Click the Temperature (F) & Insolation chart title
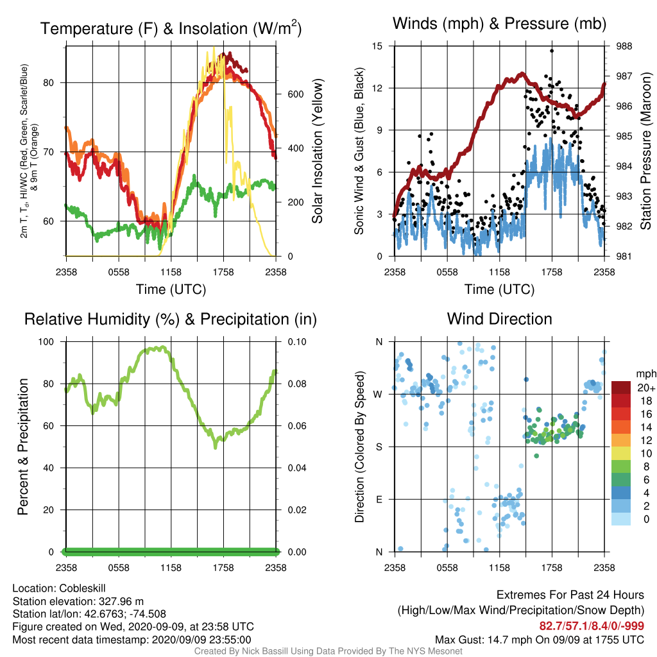click(x=171, y=28)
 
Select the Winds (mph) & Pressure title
click(x=499, y=24)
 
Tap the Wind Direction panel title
click(x=499, y=319)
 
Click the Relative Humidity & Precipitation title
click(x=171, y=320)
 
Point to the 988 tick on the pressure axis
click(x=624, y=46)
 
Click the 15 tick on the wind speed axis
click(x=377, y=46)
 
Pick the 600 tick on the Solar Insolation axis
click(x=295, y=94)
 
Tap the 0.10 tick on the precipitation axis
click(x=297, y=342)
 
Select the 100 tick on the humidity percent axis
click(x=46, y=342)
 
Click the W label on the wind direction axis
click(x=378, y=395)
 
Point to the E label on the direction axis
click(x=379, y=499)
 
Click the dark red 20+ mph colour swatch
click(x=621, y=388)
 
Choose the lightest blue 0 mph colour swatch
click(x=621, y=518)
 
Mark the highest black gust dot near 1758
click(x=552, y=51)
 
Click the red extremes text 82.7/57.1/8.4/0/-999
click(x=592, y=626)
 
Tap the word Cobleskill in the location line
click(x=82, y=588)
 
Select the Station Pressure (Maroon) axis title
click(x=645, y=151)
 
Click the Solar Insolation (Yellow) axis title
click(x=317, y=151)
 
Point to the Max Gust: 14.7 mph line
click(x=539, y=640)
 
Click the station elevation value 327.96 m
click(x=121, y=602)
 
